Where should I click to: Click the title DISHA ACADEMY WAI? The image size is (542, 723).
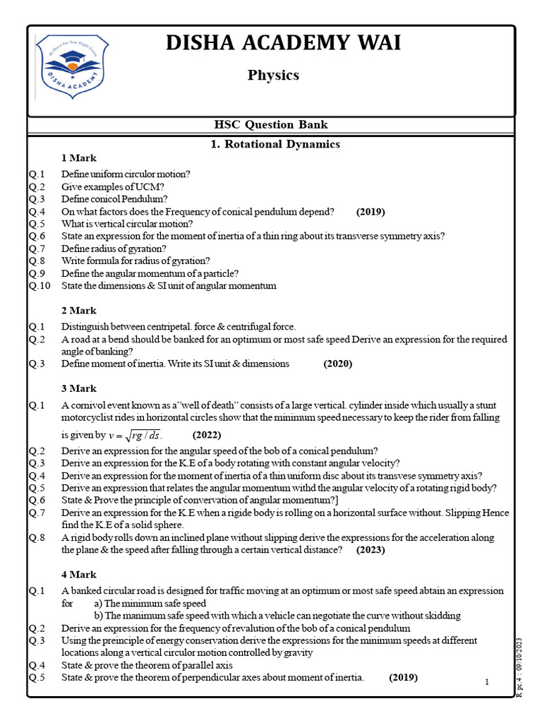click(x=283, y=43)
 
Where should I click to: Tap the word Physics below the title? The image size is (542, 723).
click(x=273, y=75)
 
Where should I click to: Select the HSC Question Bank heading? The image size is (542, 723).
click(x=271, y=125)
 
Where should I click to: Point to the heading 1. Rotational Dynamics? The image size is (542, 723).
click(x=275, y=144)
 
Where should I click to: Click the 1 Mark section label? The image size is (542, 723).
click(x=79, y=158)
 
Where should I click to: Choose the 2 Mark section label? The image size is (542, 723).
click(x=79, y=311)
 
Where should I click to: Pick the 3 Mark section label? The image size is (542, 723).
click(x=79, y=389)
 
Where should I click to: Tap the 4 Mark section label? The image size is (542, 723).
click(x=79, y=575)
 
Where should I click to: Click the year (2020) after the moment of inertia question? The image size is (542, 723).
click(x=338, y=364)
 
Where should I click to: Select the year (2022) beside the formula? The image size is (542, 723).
click(x=207, y=434)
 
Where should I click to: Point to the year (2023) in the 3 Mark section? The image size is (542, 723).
click(x=371, y=549)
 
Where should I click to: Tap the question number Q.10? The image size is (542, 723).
click(x=40, y=286)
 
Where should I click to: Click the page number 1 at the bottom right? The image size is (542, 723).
click(x=487, y=682)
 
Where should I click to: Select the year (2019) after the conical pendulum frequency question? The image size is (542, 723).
click(x=371, y=212)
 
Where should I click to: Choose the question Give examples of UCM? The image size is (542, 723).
click(x=113, y=186)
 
